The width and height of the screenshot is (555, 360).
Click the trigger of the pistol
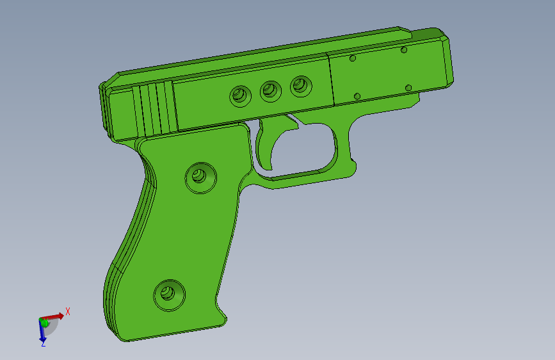(268, 144)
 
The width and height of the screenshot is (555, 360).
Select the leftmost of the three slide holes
(241, 96)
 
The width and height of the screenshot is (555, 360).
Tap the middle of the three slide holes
(271, 91)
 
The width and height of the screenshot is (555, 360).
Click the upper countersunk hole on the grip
(200, 177)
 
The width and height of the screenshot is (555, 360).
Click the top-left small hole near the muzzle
(353, 58)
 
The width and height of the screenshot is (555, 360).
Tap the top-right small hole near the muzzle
(404, 49)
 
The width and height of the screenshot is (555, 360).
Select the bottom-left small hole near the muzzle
(357, 96)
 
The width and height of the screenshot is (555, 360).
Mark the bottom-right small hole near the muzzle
(408, 88)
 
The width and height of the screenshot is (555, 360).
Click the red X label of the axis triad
(68, 311)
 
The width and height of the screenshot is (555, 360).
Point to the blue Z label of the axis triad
(43, 344)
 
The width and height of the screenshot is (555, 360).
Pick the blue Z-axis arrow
(43, 332)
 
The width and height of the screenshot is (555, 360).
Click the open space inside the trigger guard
(301, 151)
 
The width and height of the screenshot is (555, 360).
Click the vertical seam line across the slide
(331, 80)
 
